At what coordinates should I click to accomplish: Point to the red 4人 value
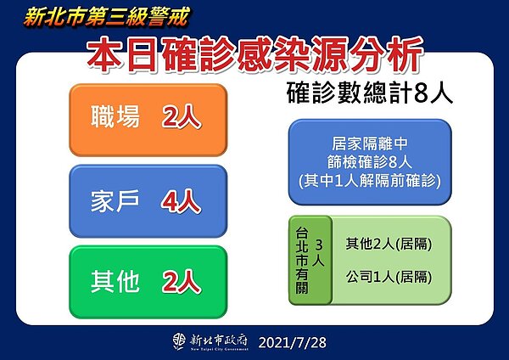click(x=182, y=201)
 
